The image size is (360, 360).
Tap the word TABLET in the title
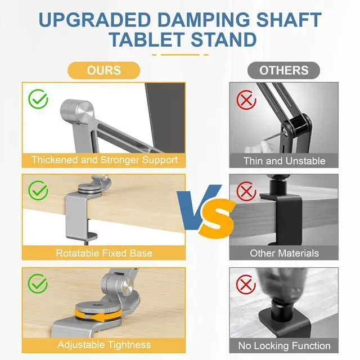[x=147, y=40]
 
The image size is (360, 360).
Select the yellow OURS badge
[x=104, y=70]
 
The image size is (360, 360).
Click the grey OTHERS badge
[x=284, y=70]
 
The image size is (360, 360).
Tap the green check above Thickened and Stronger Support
[x=38, y=100]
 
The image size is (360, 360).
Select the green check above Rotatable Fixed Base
[x=38, y=191]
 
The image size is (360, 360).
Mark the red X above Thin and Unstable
[x=246, y=101]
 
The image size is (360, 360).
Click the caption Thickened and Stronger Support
[x=105, y=160]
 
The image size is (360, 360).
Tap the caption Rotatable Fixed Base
[x=104, y=253]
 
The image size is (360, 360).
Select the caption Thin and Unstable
[x=284, y=161]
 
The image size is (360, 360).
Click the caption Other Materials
[x=284, y=253]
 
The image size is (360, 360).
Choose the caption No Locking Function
[x=284, y=345]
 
